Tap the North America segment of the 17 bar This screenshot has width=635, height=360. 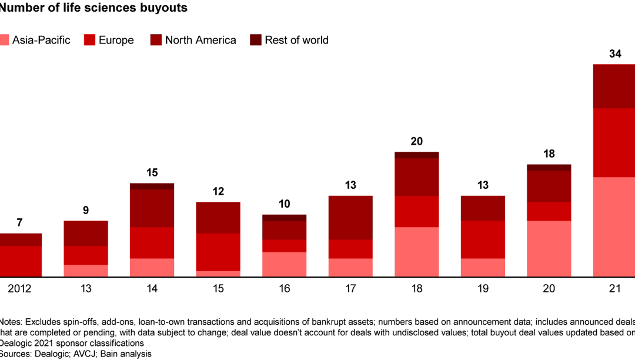[350, 217]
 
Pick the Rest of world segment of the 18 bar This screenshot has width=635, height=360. [417, 155]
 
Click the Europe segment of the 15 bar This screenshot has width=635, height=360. [218, 252]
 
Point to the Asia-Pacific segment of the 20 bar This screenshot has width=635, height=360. [549, 248]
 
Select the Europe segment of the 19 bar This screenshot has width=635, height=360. [483, 239]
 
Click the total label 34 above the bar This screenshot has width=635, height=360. [615, 54]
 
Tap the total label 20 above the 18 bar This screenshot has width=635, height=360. [417, 142]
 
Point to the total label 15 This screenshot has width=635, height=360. [152, 173]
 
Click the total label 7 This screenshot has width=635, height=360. [20, 223]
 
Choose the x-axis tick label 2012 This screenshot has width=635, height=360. [19, 289]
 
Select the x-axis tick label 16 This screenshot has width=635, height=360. [285, 289]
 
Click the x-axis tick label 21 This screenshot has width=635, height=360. [615, 289]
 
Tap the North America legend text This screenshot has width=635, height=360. [200, 40]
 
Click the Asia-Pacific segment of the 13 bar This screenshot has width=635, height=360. [86, 271]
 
